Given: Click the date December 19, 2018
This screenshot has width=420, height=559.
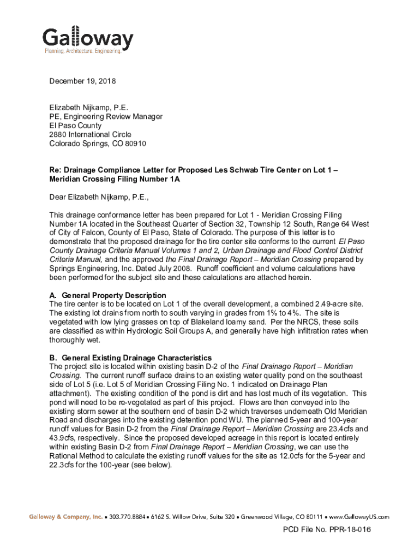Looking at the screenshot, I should [82, 81].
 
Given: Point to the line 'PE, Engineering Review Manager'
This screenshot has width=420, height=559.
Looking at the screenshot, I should [106, 117].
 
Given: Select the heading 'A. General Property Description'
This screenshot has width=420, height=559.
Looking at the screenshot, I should [107, 295].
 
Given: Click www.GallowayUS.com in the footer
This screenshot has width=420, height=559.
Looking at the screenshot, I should [362, 516].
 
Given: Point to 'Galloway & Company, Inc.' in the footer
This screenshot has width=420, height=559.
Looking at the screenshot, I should [65, 516].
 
